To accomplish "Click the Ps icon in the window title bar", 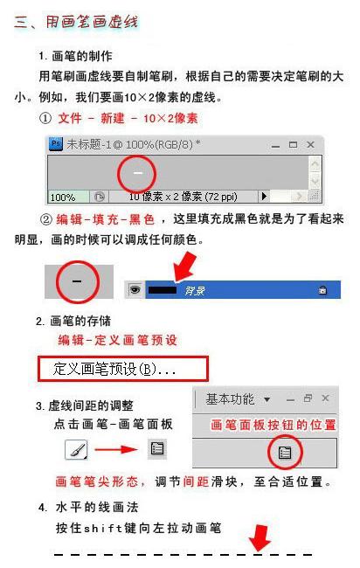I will (x=56, y=144).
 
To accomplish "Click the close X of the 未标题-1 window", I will (x=311, y=144).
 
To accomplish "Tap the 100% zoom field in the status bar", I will (x=62, y=197).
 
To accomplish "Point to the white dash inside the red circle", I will (x=136, y=173).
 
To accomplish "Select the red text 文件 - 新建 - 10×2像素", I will (x=128, y=118).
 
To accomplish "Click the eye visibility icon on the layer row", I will (x=135, y=289).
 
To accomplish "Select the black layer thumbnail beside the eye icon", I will (x=162, y=289).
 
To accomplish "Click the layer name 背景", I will (x=194, y=290).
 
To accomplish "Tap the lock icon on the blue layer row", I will (x=322, y=290).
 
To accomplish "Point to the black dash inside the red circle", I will (x=77, y=282).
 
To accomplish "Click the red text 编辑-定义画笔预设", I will (x=118, y=340).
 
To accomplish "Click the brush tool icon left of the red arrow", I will (x=76, y=450).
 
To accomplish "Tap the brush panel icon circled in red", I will (x=284, y=452).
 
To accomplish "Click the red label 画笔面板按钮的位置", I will (x=273, y=425).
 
